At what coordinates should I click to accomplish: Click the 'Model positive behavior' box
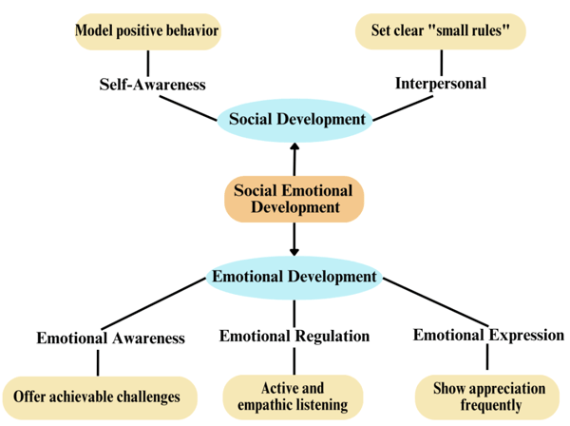pos(147,31)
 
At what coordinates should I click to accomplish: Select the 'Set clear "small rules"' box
pos(439,31)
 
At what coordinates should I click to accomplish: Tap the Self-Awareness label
pos(152,84)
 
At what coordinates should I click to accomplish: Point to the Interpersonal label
pos(440,83)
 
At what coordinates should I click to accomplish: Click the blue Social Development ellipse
pos(294,120)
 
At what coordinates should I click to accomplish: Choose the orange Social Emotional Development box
pos(294,199)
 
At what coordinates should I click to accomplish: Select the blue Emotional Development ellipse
pos(294,277)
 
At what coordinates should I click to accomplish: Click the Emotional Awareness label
pos(110,337)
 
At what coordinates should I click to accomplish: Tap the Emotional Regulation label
pos(294,336)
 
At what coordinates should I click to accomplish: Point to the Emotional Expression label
pos(488,335)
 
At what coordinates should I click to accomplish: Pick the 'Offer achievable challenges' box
pos(99,395)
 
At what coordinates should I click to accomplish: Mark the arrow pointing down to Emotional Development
pos(294,239)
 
